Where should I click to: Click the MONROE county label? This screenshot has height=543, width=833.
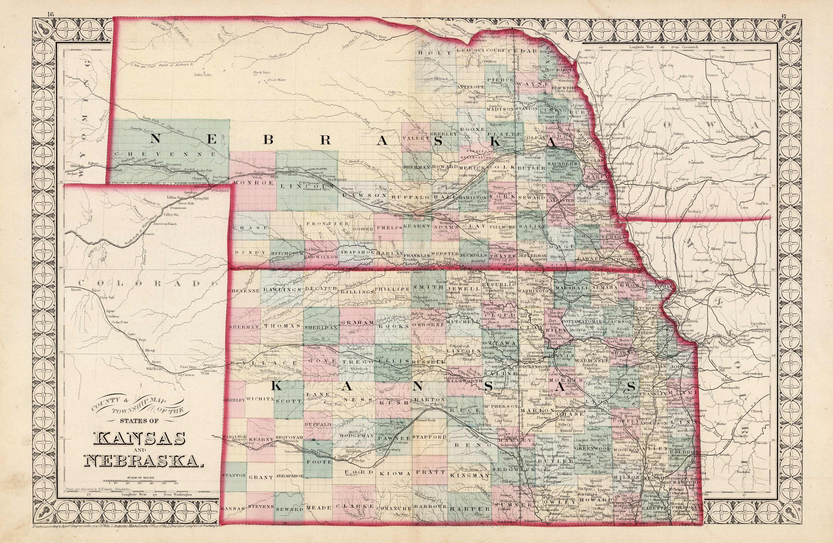point(250,183)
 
